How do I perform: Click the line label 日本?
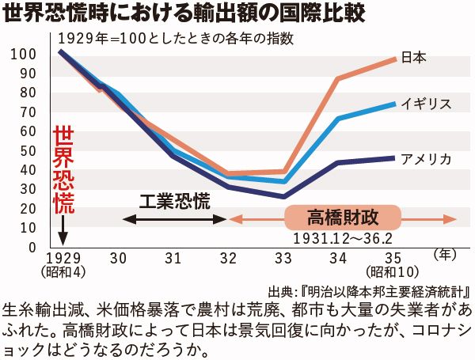(414, 57)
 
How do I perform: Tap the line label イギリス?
(426, 104)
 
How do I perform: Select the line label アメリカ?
(426, 159)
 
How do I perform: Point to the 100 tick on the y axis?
(26, 54)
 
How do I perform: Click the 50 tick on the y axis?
(29, 150)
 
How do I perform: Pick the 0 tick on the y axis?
(32, 247)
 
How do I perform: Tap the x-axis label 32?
(229, 258)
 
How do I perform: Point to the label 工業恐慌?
(175, 200)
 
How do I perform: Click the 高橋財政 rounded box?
(343, 216)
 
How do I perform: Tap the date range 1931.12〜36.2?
(342, 237)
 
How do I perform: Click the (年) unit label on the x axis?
(446, 255)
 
